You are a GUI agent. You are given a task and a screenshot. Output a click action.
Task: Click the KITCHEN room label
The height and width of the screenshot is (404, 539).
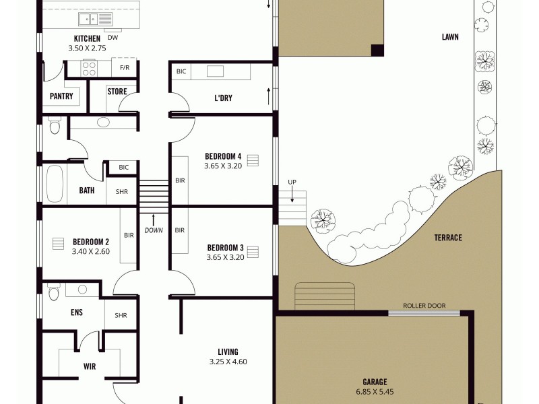86,39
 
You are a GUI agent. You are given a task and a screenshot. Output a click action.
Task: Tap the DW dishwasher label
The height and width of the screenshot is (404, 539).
113,38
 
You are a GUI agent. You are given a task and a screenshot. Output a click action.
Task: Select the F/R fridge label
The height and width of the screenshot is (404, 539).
125,68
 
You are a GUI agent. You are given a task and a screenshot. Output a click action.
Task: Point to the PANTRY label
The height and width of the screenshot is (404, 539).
61,96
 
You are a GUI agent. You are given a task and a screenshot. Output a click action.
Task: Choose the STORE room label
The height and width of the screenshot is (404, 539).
117,92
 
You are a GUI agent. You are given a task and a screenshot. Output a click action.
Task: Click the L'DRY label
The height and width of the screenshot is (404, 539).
223,98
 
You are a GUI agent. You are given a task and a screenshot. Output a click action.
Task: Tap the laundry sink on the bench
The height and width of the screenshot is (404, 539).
215,71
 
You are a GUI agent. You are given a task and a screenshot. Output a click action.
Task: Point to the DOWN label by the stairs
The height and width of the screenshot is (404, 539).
154,230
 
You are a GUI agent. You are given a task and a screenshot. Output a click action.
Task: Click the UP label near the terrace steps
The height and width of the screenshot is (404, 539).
292,182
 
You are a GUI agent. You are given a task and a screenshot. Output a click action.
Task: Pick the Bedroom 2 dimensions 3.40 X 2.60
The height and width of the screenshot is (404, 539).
91,252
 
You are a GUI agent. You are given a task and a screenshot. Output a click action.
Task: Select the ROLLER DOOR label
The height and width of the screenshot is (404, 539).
424,306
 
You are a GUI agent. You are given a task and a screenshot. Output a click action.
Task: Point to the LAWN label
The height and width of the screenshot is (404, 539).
450,37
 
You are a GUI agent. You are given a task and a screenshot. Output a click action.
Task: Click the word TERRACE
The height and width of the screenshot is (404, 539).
447,238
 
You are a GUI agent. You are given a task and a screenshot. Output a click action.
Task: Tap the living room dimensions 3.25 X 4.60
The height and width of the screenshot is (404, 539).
228,362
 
